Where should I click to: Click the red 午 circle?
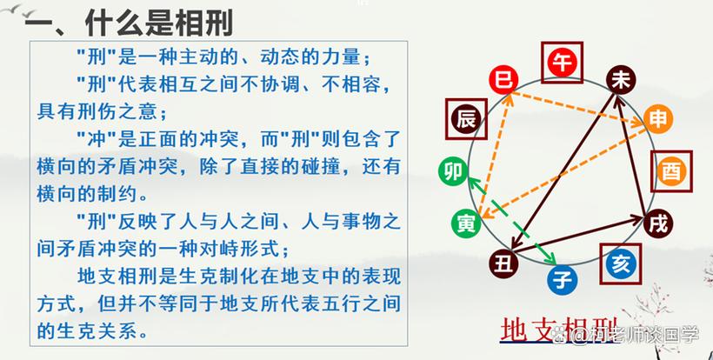(562, 63)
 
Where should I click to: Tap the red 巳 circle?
(503, 80)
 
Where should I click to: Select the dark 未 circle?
(621, 80)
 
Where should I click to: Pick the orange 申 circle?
(658, 118)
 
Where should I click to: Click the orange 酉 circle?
(671, 171)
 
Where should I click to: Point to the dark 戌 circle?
(658, 223)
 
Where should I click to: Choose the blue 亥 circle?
(620, 263)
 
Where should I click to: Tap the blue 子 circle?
(563, 280)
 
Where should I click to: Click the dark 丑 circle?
(503, 263)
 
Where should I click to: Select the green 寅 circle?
(466, 223)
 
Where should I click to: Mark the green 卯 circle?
(453, 171)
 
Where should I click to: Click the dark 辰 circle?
(466, 119)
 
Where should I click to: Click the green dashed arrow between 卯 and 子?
(513, 221)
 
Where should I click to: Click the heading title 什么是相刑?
(159, 23)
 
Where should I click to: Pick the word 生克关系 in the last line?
(96, 331)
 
